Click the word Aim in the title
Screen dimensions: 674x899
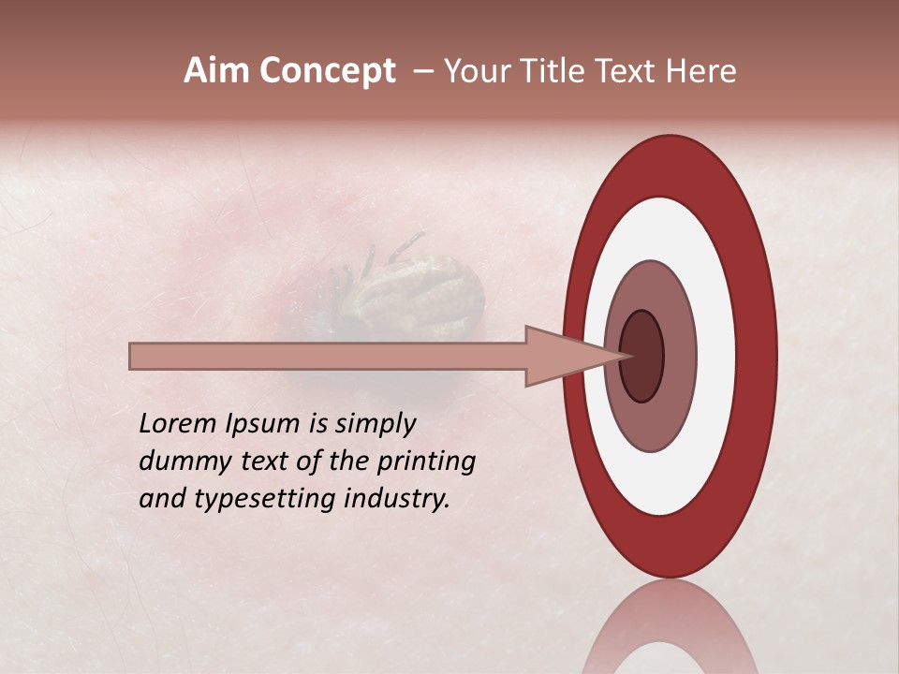pyautogui.click(x=217, y=71)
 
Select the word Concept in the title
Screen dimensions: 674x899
pyautogui.click(x=327, y=71)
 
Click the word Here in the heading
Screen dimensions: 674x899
pyautogui.click(x=702, y=71)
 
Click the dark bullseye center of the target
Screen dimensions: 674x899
pyautogui.click(x=642, y=357)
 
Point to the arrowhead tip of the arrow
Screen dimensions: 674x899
pyautogui.click(x=624, y=356)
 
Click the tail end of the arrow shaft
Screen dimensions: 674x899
pyautogui.click(x=134, y=357)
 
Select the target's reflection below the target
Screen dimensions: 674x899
pyautogui.click(x=669, y=632)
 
